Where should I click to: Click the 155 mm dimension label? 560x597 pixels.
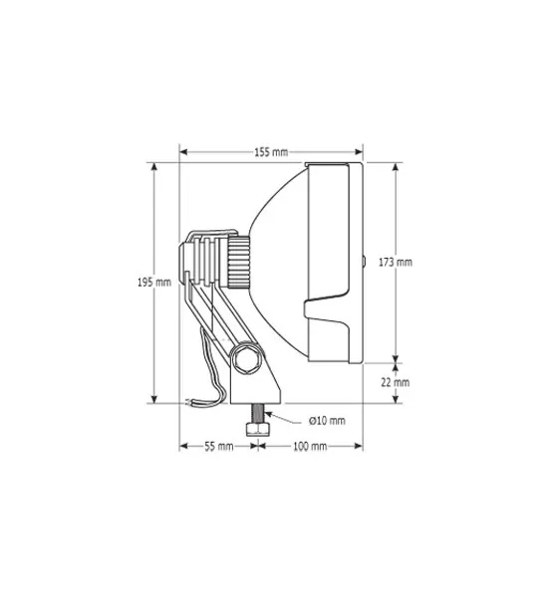point(271,152)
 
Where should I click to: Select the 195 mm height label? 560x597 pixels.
point(154,283)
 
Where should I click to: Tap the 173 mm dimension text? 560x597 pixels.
point(396,263)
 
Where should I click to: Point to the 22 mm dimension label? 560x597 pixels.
point(396,382)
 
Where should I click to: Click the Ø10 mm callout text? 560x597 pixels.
point(327,421)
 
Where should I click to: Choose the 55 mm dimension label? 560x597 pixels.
point(219,446)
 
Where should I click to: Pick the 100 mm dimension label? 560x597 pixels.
point(310,446)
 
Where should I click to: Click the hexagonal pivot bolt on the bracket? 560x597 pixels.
point(246,358)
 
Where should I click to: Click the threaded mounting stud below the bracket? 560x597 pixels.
point(258,413)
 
